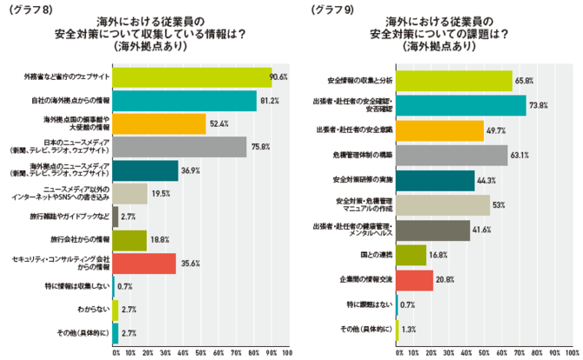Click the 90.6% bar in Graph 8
coord(192,77)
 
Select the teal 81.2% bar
coord(184,100)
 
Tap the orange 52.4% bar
coord(159,123)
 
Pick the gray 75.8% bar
coord(179,146)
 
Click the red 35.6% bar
coord(144,263)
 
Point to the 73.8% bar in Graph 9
coord(461,105)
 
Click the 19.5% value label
coord(161,193)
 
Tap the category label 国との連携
coord(376,255)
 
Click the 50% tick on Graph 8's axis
coord(201,353)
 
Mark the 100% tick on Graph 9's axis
coord(571,353)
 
